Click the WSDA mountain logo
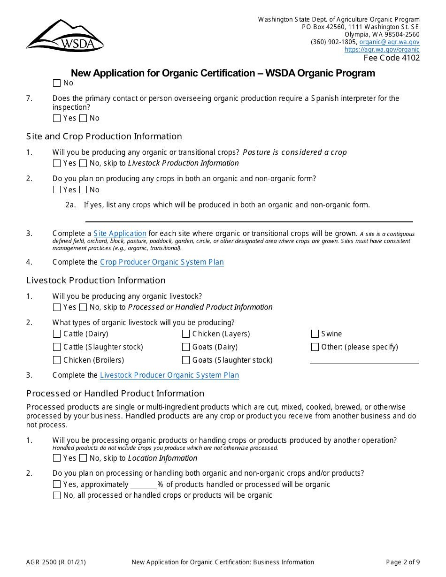tap(65, 36)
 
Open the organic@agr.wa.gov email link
tap(389, 42)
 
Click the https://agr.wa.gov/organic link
tap(382, 49)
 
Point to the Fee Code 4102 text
tap(392, 58)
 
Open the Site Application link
tap(120, 233)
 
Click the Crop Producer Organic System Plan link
tap(161, 262)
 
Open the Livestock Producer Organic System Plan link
tap(169, 375)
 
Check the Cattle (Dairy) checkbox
tap(57, 334)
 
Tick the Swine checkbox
tap(315, 334)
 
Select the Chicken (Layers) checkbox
tap(186, 334)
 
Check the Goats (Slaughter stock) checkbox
tap(186, 360)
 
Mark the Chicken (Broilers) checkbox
tap(57, 360)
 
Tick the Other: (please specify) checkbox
tap(315, 347)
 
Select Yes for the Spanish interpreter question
tap(57, 118)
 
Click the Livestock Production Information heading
tap(96, 280)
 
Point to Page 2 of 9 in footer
tap(403, 562)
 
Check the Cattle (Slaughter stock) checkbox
tap(57, 347)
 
